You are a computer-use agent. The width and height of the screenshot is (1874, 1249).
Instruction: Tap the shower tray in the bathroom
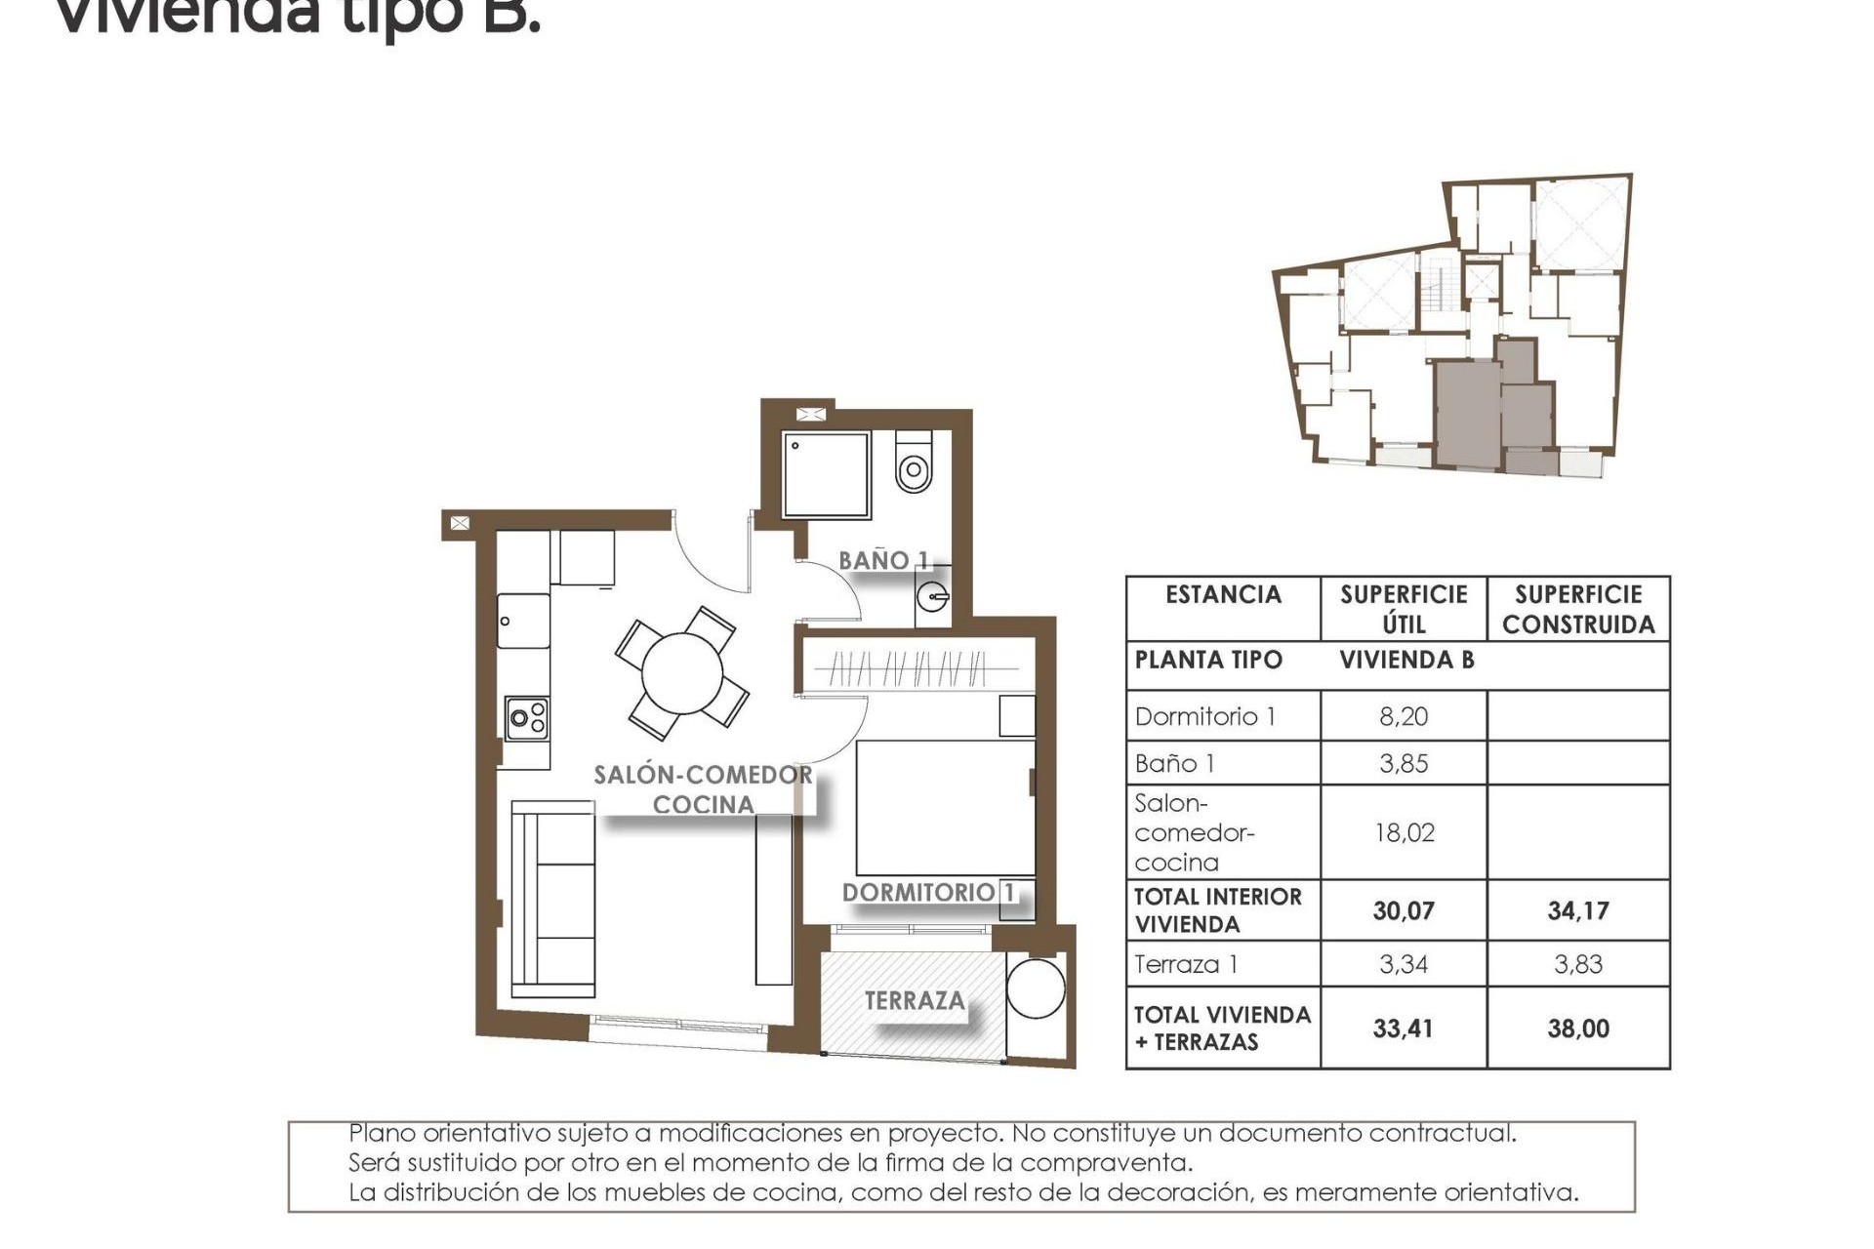(826, 475)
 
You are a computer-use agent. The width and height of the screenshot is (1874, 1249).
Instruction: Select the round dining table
(682, 673)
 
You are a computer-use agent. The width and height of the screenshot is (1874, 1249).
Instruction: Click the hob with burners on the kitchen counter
(527, 719)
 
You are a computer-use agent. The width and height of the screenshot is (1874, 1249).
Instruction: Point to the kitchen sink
(523, 622)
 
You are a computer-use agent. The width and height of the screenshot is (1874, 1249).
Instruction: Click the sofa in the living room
(553, 899)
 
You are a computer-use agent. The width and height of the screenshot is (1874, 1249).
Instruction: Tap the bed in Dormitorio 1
(945, 808)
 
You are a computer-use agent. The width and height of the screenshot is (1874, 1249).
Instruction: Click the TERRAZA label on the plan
(915, 1000)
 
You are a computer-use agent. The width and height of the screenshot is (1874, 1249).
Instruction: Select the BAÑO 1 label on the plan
(883, 560)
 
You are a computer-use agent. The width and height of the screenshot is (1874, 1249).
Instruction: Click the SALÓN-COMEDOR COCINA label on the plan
(703, 789)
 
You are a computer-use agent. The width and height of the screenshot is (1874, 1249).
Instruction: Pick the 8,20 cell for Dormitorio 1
(1403, 716)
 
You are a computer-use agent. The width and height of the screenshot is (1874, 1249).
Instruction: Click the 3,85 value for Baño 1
(1403, 763)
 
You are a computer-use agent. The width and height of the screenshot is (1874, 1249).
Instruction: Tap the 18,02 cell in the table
(1403, 832)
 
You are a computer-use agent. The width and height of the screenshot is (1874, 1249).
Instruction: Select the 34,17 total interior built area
(1577, 910)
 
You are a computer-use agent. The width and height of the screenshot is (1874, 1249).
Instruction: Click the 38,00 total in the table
(1577, 1027)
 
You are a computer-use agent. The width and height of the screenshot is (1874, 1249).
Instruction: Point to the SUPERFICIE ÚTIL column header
(1403, 609)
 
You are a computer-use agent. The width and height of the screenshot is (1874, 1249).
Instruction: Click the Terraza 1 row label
(1186, 964)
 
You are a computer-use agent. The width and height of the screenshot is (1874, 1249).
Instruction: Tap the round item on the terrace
(1036, 988)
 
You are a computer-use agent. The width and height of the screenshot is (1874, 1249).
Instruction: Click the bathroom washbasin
(933, 594)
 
